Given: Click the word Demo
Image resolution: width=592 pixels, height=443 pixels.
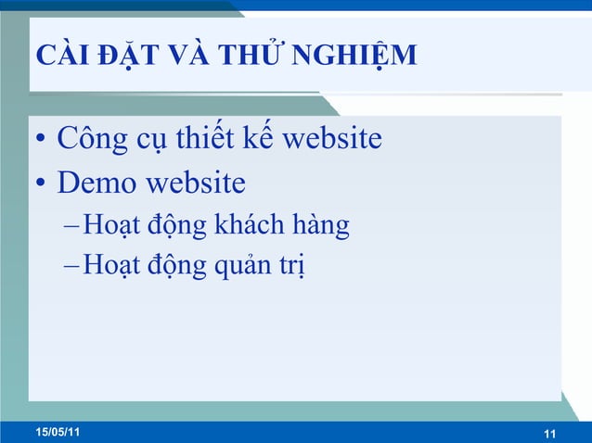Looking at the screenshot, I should coord(97,183).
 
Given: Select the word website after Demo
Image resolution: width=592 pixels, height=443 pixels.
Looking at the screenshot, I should coord(196,183).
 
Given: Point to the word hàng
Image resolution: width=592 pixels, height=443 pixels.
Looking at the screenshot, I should coord(324,225).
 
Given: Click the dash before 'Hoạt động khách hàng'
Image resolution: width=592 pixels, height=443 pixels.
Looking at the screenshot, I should coord(73,226).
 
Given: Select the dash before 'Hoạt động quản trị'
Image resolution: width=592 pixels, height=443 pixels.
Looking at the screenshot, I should coord(73,268).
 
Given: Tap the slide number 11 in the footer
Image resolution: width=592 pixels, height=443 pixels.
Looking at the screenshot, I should coord(548,434).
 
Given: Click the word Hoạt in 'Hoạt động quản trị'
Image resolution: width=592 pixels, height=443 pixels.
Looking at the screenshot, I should coord(107,267).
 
